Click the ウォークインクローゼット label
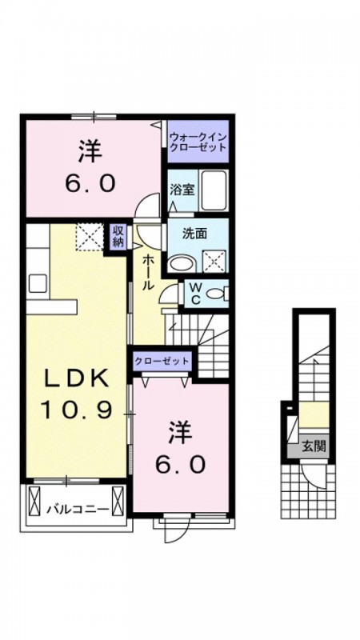pyautogui.click(x=198, y=142)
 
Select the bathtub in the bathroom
pyautogui.click(x=214, y=190)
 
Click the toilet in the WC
pyautogui.click(x=216, y=293)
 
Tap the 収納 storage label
pyautogui.click(x=118, y=236)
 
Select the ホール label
pyautogui.click(x=147, y=272)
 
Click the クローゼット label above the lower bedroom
pyautogui.click(x=162, y=361)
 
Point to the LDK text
pyautogui.click(x=77, y=378)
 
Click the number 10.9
pyautogui.click(x=76, y=409)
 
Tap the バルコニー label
pyautogui.click(x=77, y=510)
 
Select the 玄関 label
pyautogui.click(x=314, y=446)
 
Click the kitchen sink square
pyautogui.click(x=38, y=283)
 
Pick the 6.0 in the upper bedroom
pyautogui.click(x=90, y=184)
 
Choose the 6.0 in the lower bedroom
pyautogui.click(x=181, y=465)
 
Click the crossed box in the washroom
pyautogui.click(x=214, y=261)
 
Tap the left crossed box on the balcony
pyautogui.click(x=34, y=501)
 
